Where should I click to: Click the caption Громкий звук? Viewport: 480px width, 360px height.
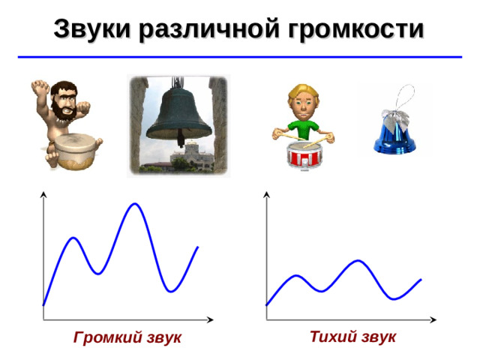tap(127, 338)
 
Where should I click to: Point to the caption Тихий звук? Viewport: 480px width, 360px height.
tap(352, 337)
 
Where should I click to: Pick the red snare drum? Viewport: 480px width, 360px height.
tap(304, 157)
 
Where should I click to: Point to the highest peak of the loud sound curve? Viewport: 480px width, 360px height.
tap(135, 204)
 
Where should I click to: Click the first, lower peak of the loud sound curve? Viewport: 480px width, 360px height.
tap(73, 238)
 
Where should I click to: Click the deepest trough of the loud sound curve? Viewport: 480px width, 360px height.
tap(172, 291)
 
